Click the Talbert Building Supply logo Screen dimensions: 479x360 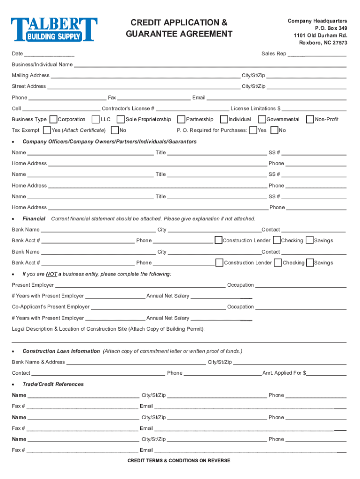pos(54,29)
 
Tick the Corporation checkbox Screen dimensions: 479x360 pos(53,119)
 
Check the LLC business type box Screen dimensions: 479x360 pos(96,119)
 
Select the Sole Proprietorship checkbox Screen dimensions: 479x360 pos(121,119)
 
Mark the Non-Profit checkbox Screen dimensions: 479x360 pos(310,119)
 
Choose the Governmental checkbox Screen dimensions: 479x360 pos(262,119)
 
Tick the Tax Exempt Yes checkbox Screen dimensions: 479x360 pos(46,130)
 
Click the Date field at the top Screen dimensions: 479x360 pos(50,54)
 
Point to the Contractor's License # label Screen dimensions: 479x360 pos(128,109)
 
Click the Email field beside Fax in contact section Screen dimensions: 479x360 pos(276,98)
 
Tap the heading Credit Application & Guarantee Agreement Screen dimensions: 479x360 pos(179,28)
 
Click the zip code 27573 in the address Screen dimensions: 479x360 pos(338,43)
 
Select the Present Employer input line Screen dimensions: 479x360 pos(140,285)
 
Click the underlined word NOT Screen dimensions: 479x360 pos(51,274)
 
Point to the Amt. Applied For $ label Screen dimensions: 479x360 pos(284,373)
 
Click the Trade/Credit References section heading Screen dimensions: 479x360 pos(53,384)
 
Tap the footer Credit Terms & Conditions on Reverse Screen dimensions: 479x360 pos(179,461)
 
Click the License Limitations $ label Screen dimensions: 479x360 pos(255,109)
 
